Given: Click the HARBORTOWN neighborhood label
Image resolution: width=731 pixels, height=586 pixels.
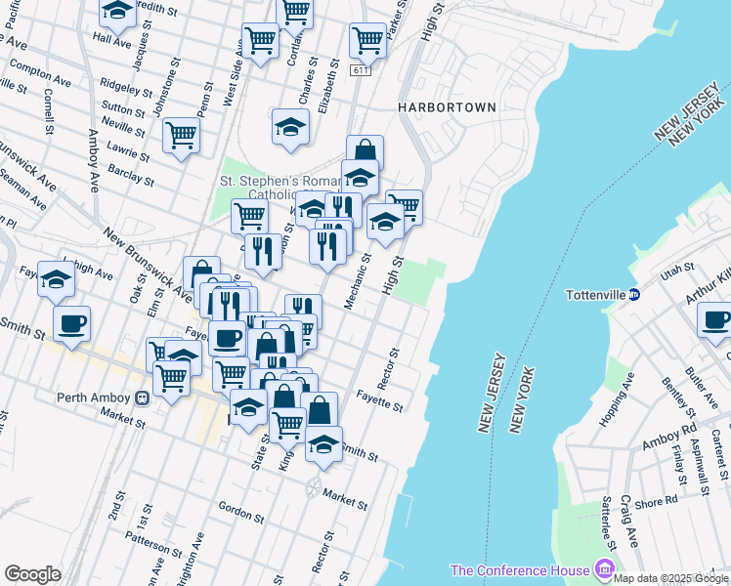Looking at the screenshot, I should point(448,107).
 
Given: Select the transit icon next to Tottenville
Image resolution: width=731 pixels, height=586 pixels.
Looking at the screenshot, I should point(633,294).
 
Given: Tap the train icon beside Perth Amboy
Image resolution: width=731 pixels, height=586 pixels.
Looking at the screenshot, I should point(142,398).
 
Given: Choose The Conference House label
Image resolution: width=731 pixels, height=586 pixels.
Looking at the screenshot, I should point(519,569).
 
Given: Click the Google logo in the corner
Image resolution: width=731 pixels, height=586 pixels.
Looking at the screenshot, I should point(32,573).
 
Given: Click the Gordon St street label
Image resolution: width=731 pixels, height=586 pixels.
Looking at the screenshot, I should point(236,510).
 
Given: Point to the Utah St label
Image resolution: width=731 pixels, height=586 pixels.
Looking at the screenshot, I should point(675,267).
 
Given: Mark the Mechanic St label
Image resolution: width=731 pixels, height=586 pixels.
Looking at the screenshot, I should point(357,282).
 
